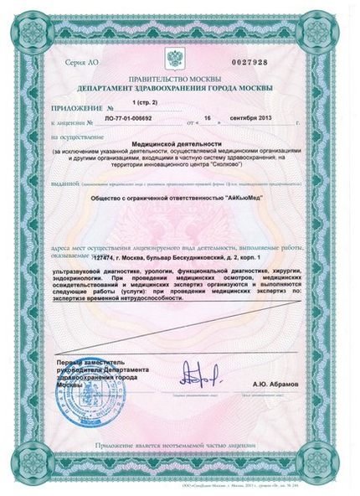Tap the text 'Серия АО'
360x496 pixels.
pos(81,63)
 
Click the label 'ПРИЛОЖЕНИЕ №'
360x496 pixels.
pos(81,109)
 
